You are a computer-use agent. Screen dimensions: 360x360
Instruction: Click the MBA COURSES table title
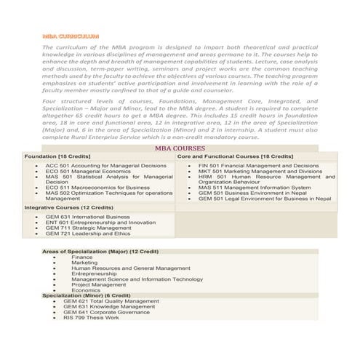tap(180, 148)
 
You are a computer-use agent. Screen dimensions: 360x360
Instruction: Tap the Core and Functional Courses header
tap(235, 156)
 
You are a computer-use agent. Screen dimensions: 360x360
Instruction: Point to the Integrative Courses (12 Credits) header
tap(64, 207)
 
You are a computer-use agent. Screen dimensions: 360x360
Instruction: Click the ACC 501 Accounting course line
tap(105, 166)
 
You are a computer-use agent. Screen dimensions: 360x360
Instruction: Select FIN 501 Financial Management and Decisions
tap(258, 166)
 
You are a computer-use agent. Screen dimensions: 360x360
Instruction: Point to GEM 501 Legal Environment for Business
tap(264, 199)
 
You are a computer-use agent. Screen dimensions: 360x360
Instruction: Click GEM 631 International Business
tap(87, 217)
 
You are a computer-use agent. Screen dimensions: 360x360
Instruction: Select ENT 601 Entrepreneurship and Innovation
tap(100, 223)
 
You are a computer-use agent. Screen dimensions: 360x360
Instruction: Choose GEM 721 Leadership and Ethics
tap(88, 234)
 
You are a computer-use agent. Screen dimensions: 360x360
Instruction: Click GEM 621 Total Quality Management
tap(111, 301)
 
